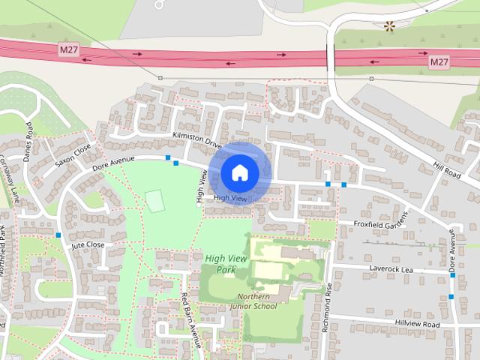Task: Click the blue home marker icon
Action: (239, 172)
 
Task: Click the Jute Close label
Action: (88, 245)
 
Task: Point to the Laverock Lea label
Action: (391, 268)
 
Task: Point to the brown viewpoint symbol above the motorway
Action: (389, 28)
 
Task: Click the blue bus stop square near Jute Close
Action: (58, 235)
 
